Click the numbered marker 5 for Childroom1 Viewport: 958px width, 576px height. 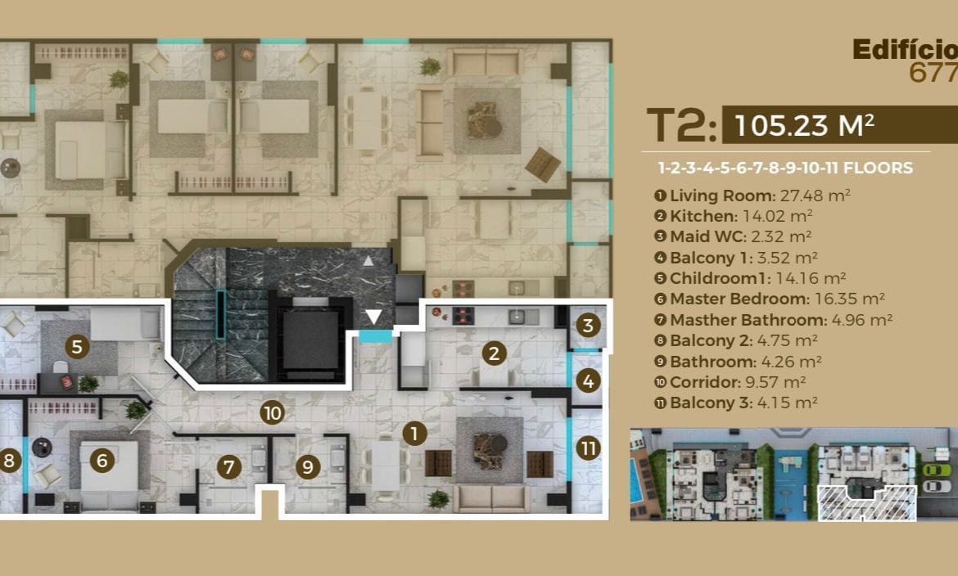pyautogui.click(x=77, y=347)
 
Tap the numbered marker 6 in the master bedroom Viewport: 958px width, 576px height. pyautogui.click(x=102, y=461)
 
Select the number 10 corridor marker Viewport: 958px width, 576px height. pyautogui.click(x=272, y=413)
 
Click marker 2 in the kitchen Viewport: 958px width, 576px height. pyautogui.click(x=494, y=353)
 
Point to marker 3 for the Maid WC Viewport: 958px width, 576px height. pyautogui.click(x=588, y=326)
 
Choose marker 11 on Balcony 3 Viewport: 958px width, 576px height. pyautogui.click(x=588, y=449)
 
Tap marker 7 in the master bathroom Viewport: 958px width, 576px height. pyautogui.click(x=229, y=468)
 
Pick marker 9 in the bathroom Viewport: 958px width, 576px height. pyautogui.click(x=308, y=468)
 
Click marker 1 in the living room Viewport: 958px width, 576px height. pyautogui.click(x=414, y=434)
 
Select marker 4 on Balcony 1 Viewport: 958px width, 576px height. pyautogui.click(x=588, y=382)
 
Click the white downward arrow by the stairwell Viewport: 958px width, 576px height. pyautogui.click(x=373, y=317)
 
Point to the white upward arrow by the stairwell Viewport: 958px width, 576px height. pyautogui.click(x=368, y=262)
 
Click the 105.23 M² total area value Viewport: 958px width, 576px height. pyautogui.click(x=804, y=125)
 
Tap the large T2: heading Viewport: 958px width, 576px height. pyautogui.click(x=681, y=125)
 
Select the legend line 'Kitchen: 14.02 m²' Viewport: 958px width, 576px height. pyautogui.click(x=733, y=216)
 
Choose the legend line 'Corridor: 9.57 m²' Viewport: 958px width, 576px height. pyautogui.click(x=730, y=382)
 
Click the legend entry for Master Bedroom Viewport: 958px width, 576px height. pyautogui.click(x=769, y=299)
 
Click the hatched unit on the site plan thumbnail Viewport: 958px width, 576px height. pyautogui.click(x=867, y=503)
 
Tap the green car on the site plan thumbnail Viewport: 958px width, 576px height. pyautogui.click(x=936, y=470)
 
